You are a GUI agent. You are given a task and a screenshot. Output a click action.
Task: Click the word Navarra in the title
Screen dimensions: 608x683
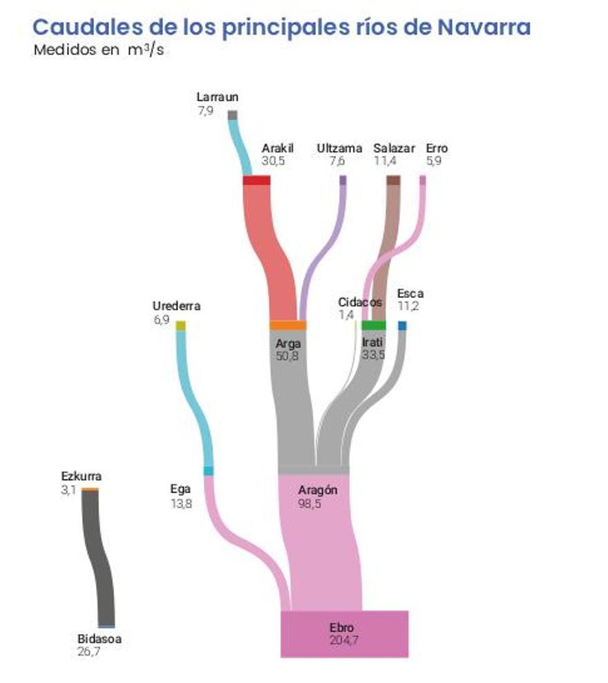tap(484, 27)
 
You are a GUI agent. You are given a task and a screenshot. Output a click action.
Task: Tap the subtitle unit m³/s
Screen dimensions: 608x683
tap(146, 50)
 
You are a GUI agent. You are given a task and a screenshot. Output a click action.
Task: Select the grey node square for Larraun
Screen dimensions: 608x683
tap(232, 115)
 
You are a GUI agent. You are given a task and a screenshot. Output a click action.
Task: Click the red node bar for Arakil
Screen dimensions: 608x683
tap(256, 180)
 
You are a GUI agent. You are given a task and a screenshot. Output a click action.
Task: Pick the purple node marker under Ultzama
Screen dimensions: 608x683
tap(343, 180)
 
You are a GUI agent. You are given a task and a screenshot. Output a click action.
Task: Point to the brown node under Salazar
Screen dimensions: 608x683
tap(393, 180)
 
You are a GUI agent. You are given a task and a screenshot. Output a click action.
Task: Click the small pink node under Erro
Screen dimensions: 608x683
tap(422, 180)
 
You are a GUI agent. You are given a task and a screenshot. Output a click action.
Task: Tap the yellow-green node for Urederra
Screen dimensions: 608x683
tap(180, 326)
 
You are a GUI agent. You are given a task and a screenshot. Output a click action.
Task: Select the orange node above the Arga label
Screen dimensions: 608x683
tap(288, 326)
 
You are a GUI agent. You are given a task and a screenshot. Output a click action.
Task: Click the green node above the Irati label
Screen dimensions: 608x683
tap(374, 326)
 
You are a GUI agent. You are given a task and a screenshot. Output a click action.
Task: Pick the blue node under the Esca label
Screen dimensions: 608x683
tap(402, 326)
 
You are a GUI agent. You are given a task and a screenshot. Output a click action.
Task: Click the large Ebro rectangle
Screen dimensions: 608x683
tap(345, 634)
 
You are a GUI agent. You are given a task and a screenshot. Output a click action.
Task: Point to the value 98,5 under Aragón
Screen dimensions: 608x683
tap(310, 504)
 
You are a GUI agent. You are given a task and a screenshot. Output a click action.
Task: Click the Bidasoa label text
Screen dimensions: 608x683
tap(99, 639)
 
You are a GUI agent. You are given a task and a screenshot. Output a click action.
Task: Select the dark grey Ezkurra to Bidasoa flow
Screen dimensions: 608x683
tap(98, 558)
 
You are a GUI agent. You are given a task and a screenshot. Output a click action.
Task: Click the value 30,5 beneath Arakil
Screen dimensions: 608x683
tap(273, 161)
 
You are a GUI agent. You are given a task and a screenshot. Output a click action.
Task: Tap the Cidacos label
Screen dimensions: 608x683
tap(360, 302)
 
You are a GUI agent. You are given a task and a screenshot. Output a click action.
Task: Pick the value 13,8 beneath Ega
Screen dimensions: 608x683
tap(181, 504)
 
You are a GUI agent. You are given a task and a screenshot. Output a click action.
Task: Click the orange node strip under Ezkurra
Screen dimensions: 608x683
tap(91, 490)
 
